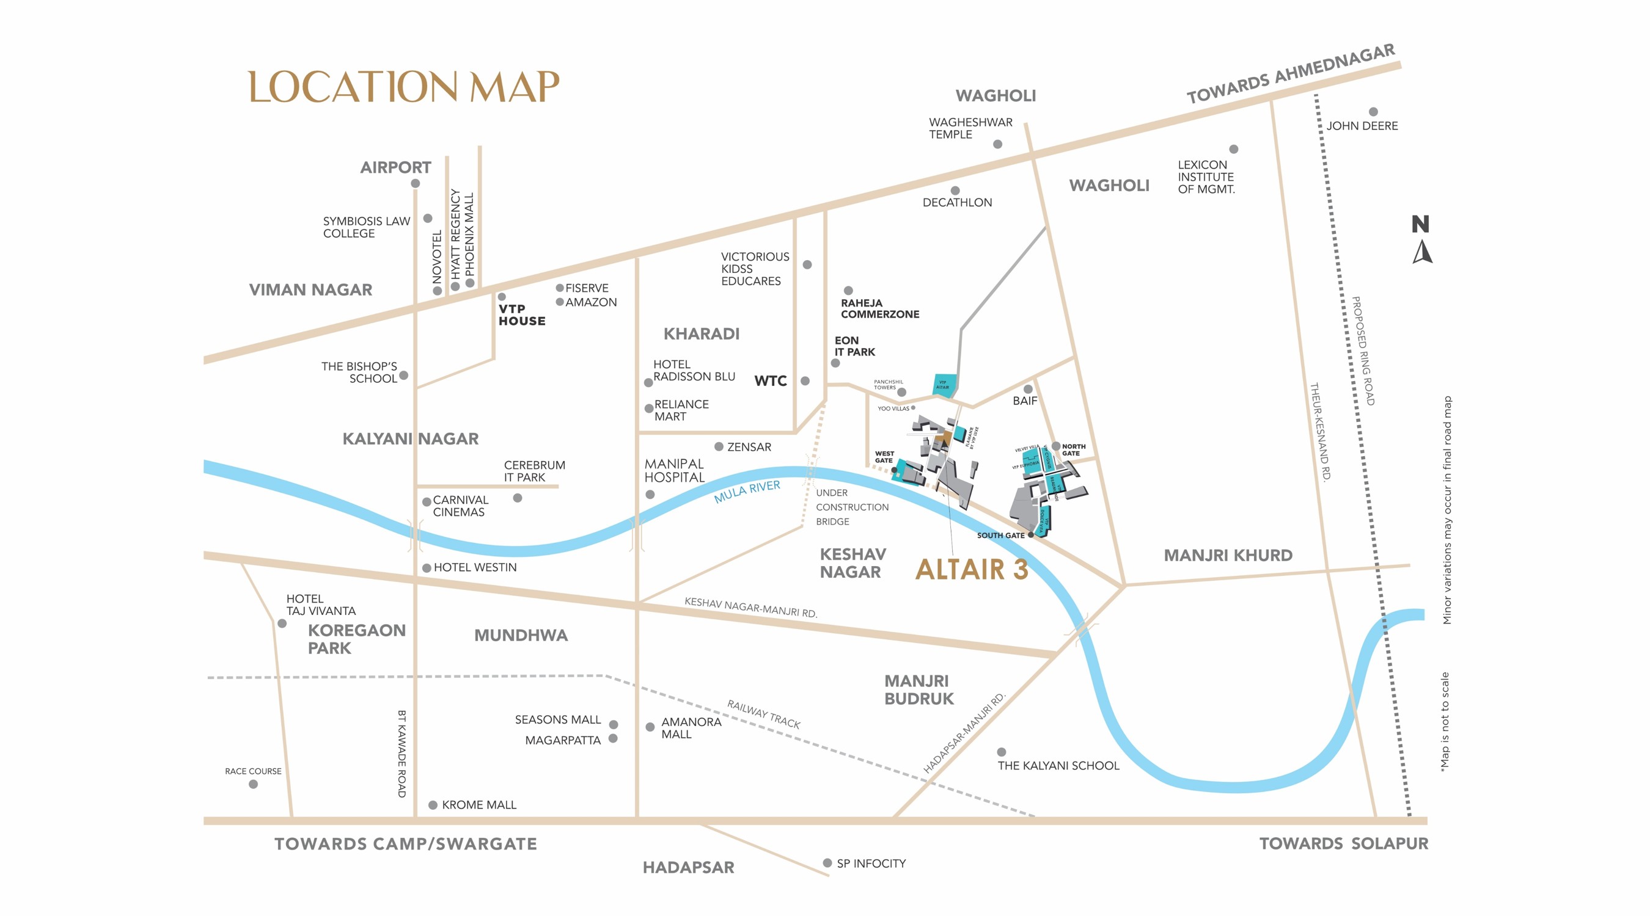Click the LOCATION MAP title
pos(403,88)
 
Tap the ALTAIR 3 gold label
pos(972,569)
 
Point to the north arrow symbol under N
pos(1422,252)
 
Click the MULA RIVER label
pos(747,491)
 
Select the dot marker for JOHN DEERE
pos(1373,112)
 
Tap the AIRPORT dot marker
pos(415,184)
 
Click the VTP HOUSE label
pos(521,315)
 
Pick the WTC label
pos(770,381)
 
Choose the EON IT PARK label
pos(854,346)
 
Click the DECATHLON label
pos(957,202)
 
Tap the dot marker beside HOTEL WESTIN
pos(427,568)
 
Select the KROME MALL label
pos(479,805)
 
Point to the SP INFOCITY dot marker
pos(827,863)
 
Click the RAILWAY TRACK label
pos(763,714)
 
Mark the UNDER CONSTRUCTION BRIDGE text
pos(851,507)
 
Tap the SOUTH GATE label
pos(1000,535)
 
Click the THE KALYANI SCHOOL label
pos(1058,766)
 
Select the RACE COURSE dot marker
pos(253,784)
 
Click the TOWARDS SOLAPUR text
pos(1343,844)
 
